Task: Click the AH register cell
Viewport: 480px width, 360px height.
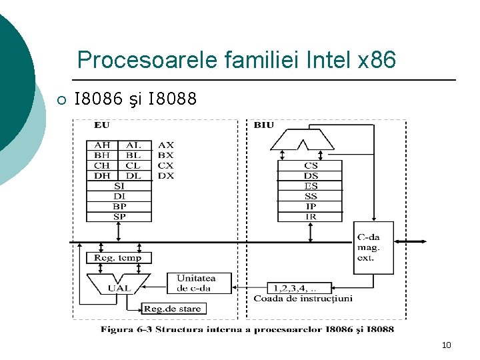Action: tap(102, 145)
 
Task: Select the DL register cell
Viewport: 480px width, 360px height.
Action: tap(133, 175)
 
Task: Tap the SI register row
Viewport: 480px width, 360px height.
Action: tap(118, 186)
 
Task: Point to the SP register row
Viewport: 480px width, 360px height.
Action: tap(118, 217)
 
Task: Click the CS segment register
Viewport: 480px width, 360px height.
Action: tap(310, 165)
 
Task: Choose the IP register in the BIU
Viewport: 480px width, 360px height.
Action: tap(310, 207)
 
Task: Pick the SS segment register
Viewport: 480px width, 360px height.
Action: tap(310, 197)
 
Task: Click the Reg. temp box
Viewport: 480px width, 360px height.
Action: tap(117, 258)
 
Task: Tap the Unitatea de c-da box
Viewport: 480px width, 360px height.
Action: tap(195, 283)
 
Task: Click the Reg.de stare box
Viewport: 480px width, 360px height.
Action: tap(172, 309)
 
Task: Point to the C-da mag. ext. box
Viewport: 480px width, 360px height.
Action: tap(373, 247)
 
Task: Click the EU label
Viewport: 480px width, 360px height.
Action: tap(102, 125)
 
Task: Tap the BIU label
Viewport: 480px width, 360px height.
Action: tap(263, 125)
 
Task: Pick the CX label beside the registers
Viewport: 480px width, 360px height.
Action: tap(166, 165)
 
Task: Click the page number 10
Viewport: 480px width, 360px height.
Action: tap(446, 345)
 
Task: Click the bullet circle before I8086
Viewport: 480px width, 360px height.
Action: tap(60, 101)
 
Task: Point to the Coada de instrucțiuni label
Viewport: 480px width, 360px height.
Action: tap(303, 299)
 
